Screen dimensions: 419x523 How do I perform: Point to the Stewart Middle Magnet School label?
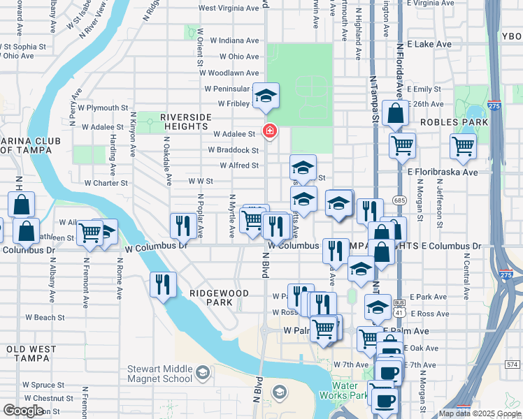click(x=159, y=374)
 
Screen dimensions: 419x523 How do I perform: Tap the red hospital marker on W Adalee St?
click(x=268, y=131)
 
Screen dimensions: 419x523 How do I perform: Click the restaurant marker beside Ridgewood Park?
click(x=163, y=284)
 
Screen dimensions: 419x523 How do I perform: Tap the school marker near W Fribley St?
click(x=266, y=96)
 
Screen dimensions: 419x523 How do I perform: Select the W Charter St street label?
click(x=106, y=183)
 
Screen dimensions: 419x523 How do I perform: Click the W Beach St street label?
click(x=45, y=317)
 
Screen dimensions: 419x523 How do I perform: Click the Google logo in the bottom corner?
click(x=23, y=410)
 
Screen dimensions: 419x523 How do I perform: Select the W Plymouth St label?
click(x=103, y=108)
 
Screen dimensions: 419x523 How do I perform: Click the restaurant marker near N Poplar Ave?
click(x=182, y=225)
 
